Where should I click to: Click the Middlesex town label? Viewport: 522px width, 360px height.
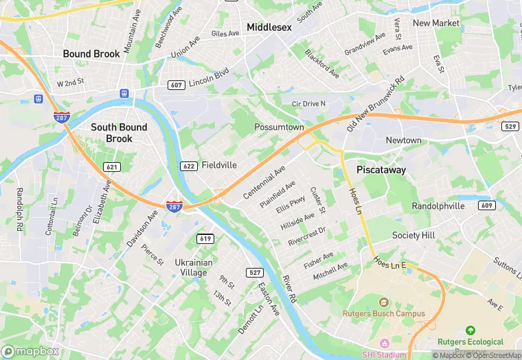pos(269,27)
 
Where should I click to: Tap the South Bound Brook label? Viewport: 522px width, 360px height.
pos(119,133)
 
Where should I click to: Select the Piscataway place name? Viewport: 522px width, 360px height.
pos(381,170)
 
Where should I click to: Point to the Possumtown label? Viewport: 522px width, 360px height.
pos(278,128)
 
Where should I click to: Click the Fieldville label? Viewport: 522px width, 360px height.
pos(219,166)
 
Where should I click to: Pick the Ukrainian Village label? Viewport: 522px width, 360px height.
pos(193,267)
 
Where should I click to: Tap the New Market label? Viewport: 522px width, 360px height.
pos(436,23)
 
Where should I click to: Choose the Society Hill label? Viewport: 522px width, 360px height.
pos(413,236)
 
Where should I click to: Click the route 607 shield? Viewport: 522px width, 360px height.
pos(177,85)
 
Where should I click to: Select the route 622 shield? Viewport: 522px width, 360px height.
pos(189,166)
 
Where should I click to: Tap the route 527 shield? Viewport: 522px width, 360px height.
pos(256,273)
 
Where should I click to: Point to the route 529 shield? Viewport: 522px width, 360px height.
pos(510,126)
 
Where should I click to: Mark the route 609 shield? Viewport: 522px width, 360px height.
pos(487,205)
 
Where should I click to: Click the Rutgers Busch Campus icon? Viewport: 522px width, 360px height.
pos(384,302)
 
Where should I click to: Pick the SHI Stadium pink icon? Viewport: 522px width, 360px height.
pos(384,343)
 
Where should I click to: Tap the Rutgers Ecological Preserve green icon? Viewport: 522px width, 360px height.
pos(470,331)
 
